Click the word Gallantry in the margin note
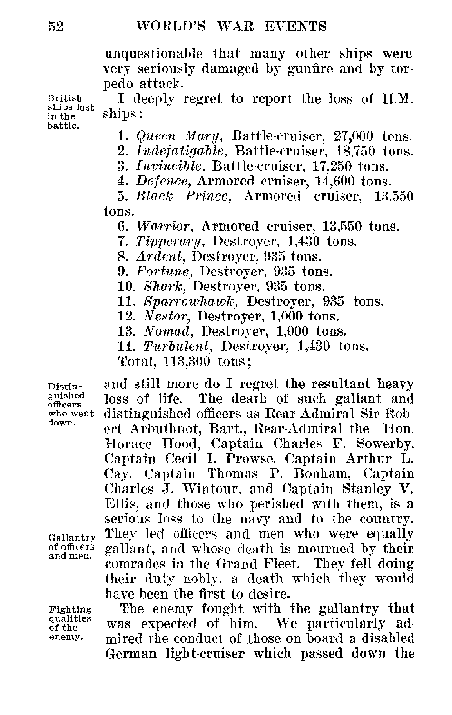click(x=72, y=538)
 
